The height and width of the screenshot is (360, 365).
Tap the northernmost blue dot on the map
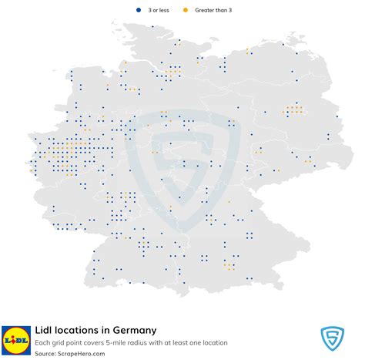coord(152,27)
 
